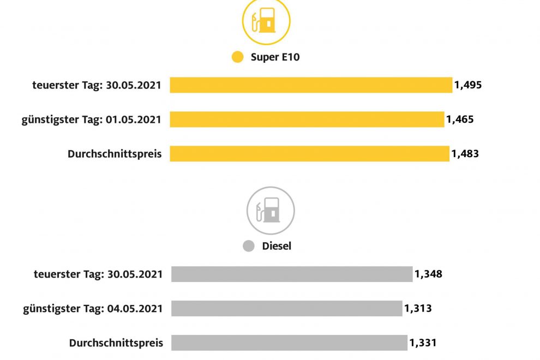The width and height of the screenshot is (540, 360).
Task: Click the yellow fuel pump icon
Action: [266, 22]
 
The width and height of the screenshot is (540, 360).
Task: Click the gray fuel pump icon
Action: [271, 210]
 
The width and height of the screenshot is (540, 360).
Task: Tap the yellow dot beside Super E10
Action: [237, 57]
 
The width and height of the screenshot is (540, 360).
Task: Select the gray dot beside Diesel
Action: [249, 246]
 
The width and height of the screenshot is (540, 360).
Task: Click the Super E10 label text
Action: [275, 57]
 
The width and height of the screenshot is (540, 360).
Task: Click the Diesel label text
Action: [277, 246]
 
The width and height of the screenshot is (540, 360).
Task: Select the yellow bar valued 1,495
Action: [311, 85]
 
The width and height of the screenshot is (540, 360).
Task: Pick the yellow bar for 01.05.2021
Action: [307, 119]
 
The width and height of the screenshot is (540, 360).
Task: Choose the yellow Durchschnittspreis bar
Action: [309, 154]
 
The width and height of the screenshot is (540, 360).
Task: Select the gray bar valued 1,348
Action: [292, 274]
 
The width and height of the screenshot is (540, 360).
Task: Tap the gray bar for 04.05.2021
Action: [286, 308]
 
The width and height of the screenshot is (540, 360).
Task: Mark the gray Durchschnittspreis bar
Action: [289, 343]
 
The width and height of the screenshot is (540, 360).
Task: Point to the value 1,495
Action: [468, 85]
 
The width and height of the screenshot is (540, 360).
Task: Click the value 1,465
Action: [460, 119]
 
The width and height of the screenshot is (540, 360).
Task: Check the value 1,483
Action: [465, 154]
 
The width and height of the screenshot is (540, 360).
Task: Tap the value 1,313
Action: [418, 308]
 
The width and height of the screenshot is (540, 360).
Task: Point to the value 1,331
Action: [423, 343]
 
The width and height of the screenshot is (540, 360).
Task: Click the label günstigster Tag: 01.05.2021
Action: [92, 119]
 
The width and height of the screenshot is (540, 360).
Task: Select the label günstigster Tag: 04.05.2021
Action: [93, 309]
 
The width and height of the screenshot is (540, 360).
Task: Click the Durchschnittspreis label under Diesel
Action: [116, 343]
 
